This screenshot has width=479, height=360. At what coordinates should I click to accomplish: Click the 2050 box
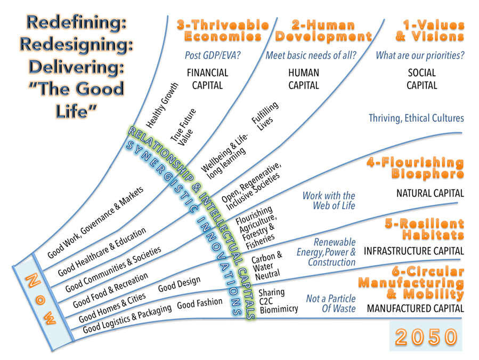click(426, 335)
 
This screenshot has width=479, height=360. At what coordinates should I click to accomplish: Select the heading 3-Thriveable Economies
click(223, 31)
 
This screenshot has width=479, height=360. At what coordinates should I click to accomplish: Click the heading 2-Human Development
click(323, 31)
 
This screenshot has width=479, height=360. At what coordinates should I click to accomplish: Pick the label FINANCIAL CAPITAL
click(207, 78)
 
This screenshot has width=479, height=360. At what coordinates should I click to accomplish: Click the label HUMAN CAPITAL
click(303, 78)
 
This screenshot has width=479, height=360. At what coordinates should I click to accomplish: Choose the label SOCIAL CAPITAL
click(421, 78)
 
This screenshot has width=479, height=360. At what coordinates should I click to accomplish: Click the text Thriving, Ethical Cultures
click(416, 118)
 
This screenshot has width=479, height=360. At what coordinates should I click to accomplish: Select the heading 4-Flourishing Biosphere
click(415, 168)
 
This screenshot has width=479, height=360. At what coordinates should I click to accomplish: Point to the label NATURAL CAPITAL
click(430, 193)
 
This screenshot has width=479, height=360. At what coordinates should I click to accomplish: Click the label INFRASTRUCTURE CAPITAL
click(414, 251)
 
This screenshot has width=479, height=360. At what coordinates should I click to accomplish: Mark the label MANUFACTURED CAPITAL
click(415, 308)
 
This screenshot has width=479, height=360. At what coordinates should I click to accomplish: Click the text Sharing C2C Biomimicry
click(277, 301)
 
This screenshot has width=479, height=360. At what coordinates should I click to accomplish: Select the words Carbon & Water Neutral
click(266, 265)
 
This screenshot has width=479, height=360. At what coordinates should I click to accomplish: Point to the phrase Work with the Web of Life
click(329, 201)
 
